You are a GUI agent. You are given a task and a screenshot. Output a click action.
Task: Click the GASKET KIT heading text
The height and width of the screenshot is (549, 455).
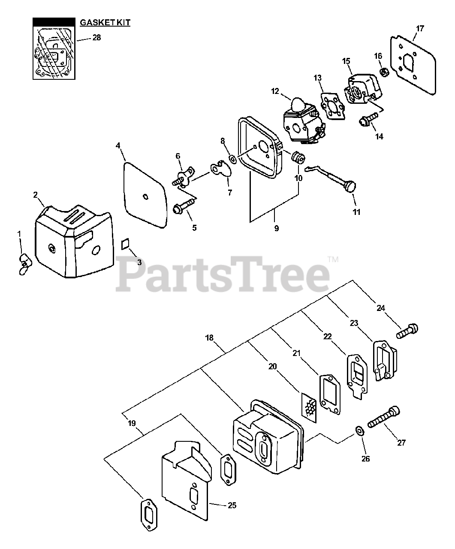105,23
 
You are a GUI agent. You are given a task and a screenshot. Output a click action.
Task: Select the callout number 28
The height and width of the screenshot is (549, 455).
97,38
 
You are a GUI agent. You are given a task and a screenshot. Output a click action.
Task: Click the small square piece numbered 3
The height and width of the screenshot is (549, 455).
125,243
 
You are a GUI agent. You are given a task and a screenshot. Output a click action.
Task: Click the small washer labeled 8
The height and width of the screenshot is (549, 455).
232,160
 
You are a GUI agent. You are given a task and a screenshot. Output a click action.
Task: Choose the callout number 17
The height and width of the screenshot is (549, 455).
420,29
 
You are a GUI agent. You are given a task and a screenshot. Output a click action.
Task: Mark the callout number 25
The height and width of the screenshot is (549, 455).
232,505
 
